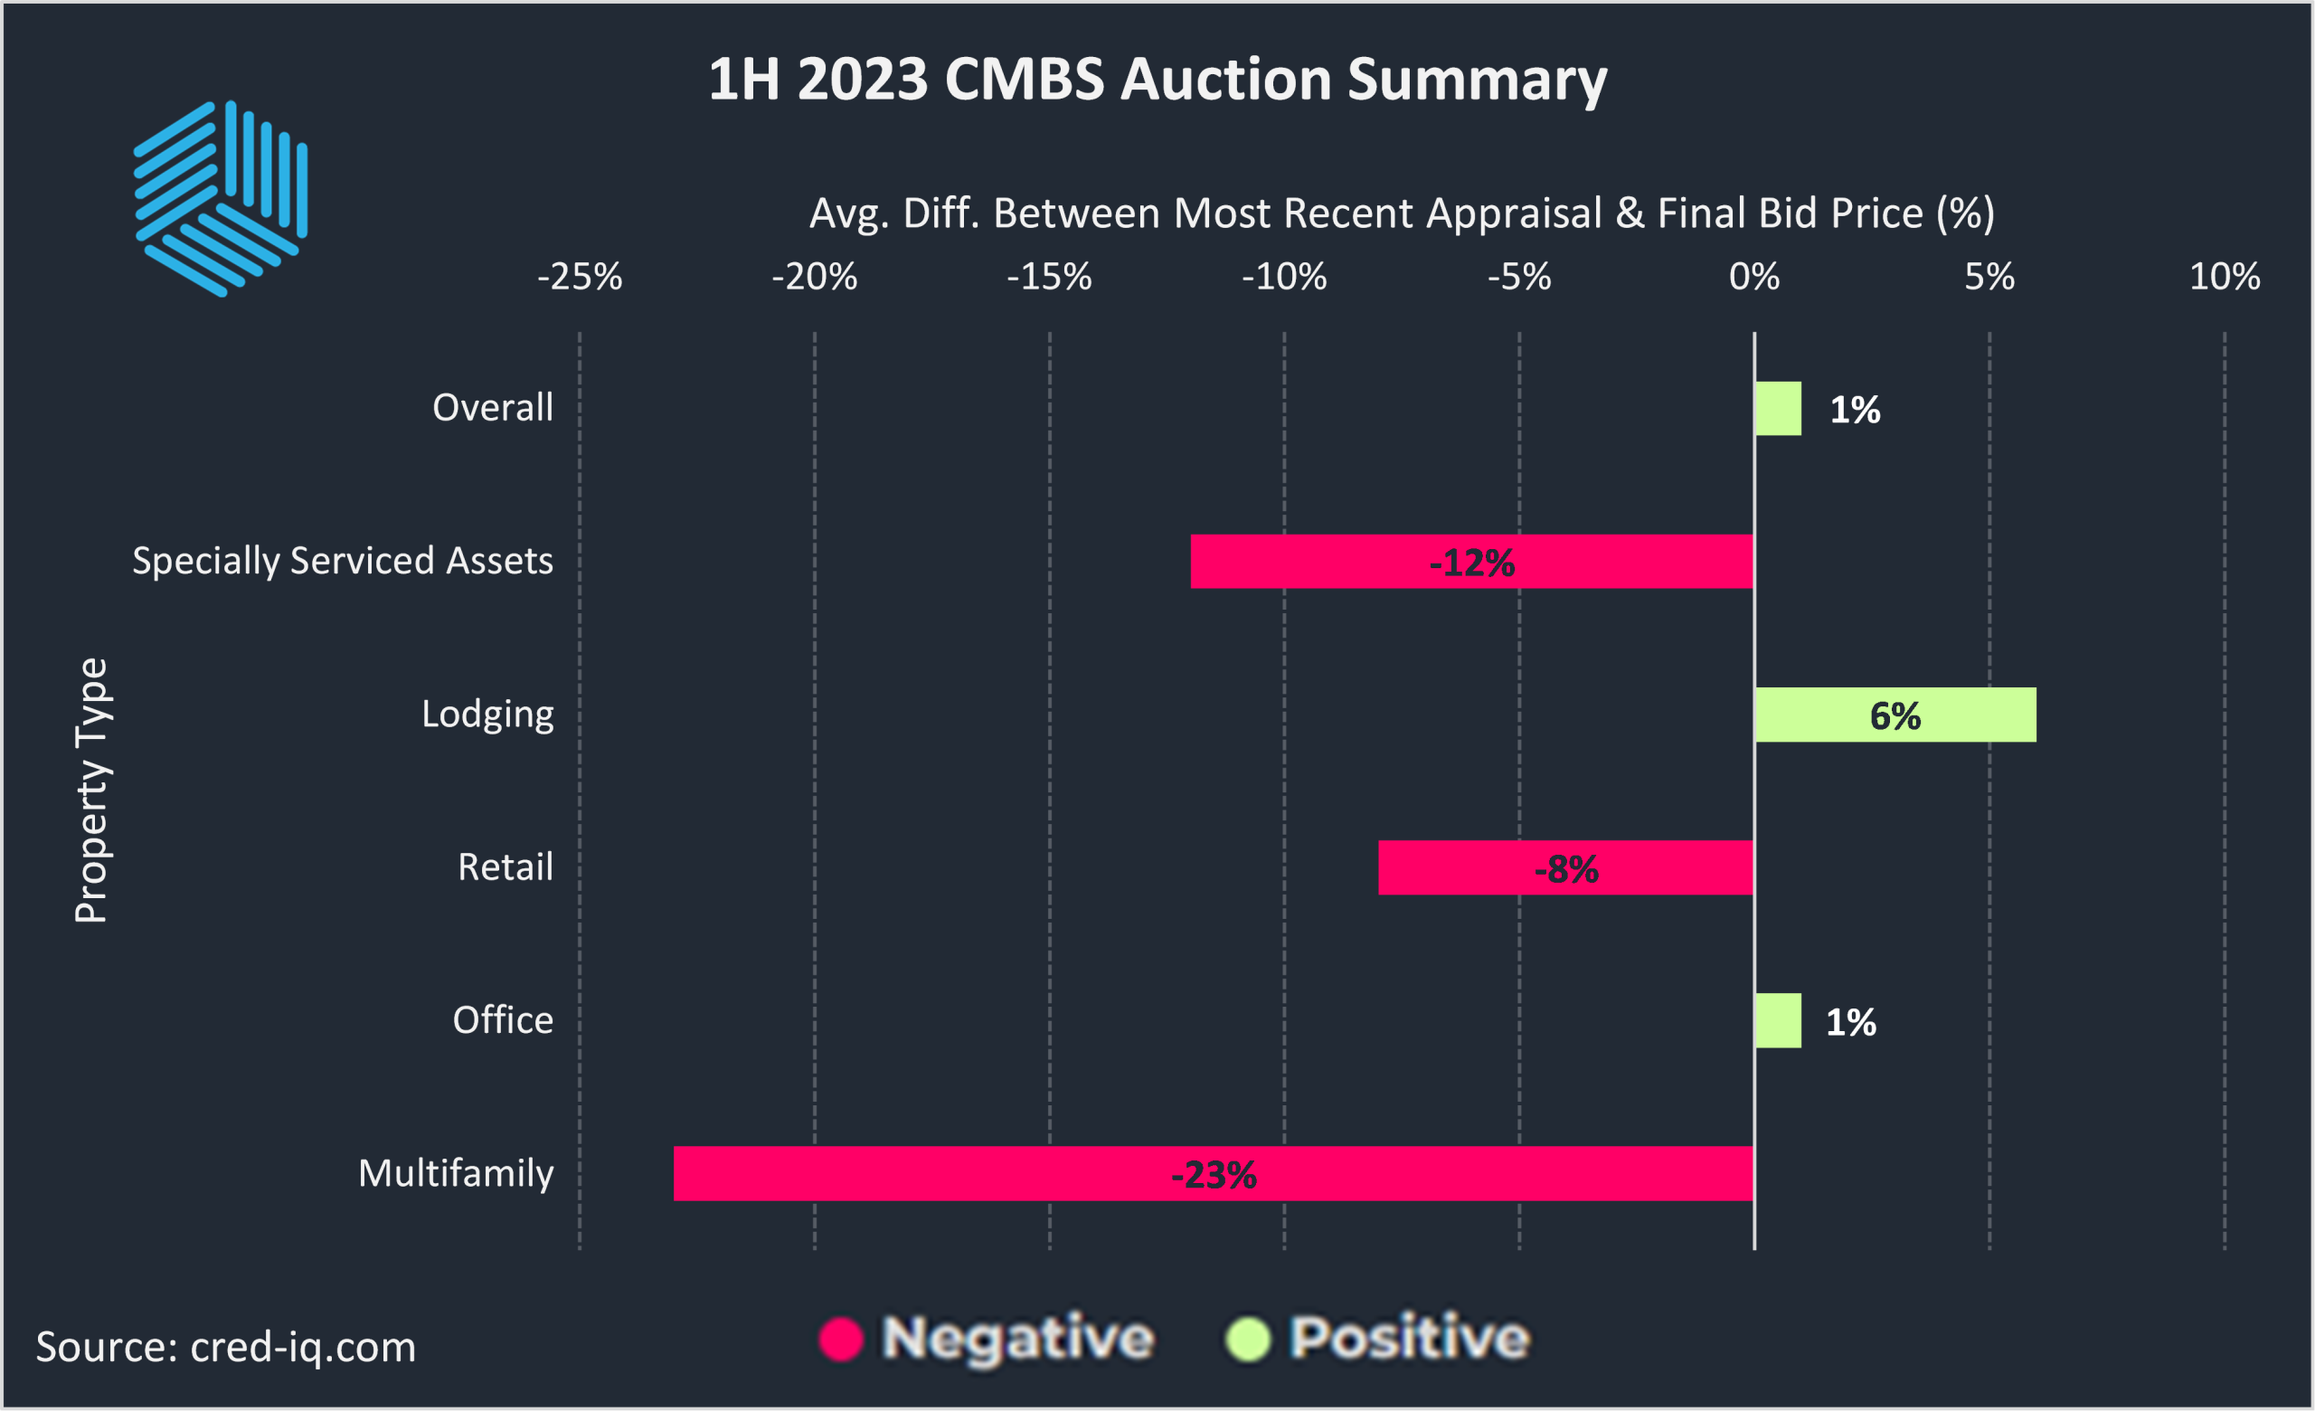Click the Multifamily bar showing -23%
click(1212, 1173)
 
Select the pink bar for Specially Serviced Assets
click(1471, 562)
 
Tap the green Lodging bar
click(1895, 715)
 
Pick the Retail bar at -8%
click(1565, 868)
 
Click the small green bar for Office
click(1778, 1021)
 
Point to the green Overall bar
click(1778, 409)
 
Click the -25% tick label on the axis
click(580, 277)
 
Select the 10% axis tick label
click(2224, 277)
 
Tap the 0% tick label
click(1754, 277)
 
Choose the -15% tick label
click(1050, 277)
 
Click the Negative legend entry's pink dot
click(841, 1339)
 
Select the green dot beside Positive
click(1248, 1339)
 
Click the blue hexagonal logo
click(221, 199)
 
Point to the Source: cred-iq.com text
click(225, 1346)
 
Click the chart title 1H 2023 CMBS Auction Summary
click(1157, 79)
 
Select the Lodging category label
click(487, 715)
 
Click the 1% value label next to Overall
click(1855, 410)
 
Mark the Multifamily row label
click(456, 1173)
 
